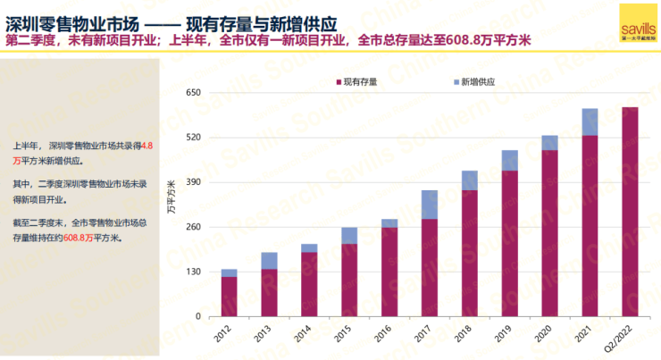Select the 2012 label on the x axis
229,332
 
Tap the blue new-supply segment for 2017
430,205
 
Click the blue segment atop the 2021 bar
590,121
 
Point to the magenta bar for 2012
229,297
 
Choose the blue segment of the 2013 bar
269,261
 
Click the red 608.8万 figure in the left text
79,239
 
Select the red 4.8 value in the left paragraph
147,143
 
